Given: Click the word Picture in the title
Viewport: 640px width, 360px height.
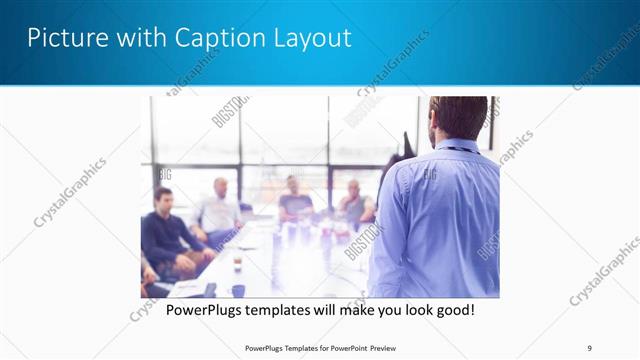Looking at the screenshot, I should [63, 38].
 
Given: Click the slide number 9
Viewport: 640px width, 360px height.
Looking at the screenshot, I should [589, 347].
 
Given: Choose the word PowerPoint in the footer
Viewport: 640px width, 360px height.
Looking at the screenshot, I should [347, 347].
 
